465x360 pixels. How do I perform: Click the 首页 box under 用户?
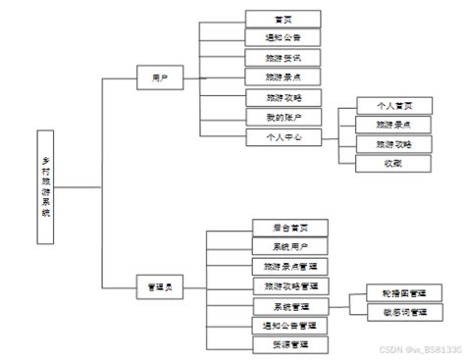coord(284,19)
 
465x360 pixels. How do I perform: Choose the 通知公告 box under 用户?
coord(284,38)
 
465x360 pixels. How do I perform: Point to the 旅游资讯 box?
coord(284,58)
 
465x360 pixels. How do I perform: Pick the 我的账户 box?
coord(284,118)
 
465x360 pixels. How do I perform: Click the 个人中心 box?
coord(284,137)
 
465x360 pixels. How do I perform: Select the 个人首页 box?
coord(379,106)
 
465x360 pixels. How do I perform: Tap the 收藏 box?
coord(379,164)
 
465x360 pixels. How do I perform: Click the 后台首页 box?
coord(289,228)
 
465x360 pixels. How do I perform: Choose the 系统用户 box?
coord(289,246)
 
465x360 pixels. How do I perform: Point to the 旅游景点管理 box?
coord(289,266)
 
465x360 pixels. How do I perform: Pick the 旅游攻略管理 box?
coord(289,285)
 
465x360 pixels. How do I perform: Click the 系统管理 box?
coord(289,306)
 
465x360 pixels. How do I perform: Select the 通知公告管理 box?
coord(289,325)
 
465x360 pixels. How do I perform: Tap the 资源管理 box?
coord(289,344)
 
